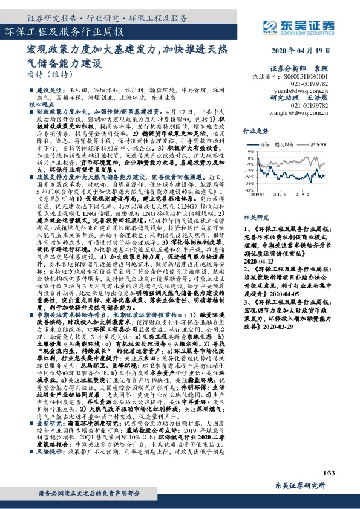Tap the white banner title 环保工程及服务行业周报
click(x=65, y=31)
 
